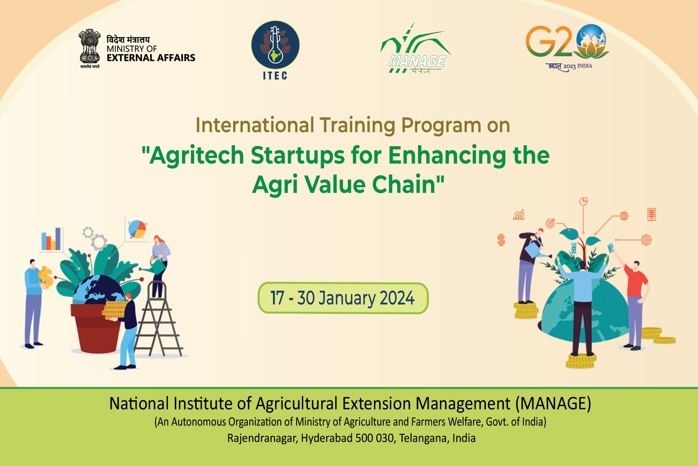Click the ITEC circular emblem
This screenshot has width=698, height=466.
[275, 45]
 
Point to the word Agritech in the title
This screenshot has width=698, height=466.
[197, 155]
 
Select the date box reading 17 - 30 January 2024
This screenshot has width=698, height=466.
[343, 298]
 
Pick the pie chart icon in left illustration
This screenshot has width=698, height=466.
[137, 229]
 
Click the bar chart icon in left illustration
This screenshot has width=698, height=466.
[51, 238]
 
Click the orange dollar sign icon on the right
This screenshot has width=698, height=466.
[501, 240]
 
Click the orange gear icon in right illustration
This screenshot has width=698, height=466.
[646, 240]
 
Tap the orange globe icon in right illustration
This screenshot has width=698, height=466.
[624, 216]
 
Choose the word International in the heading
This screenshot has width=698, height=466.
[255, 125]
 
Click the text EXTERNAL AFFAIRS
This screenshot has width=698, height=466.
[151, 58]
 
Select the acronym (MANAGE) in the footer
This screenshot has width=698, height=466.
[553, 404]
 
